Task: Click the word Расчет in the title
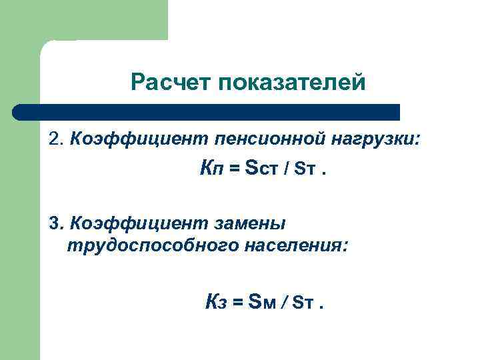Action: pos(170,82)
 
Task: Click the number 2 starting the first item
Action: pos(54,139)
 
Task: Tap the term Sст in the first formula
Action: pos(259,169)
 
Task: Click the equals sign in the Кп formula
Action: pos(234,170)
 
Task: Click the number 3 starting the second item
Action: pos(54,221)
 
